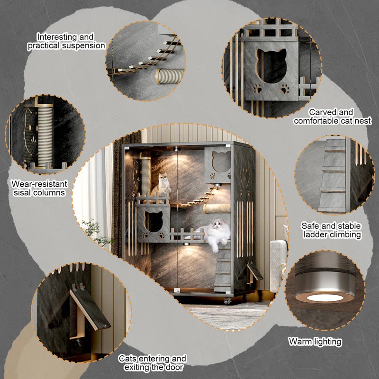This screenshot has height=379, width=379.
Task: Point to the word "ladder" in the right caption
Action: click(315, 235)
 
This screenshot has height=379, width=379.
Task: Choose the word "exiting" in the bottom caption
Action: click(136, 368)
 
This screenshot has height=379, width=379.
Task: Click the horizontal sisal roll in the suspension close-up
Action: click(170, 76)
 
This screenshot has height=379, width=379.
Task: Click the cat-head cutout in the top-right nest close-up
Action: click(271, 65)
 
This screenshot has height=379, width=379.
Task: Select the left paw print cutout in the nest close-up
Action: click(257, 89)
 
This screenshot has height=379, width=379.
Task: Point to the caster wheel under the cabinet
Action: click(228, 301)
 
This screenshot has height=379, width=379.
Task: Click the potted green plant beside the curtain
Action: click(97, 232)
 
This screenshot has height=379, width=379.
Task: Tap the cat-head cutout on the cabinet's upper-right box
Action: click(221, 162)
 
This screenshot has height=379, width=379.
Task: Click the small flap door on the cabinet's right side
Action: click(254, 272)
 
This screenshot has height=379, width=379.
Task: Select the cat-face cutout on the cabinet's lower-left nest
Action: click(153, 221)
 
